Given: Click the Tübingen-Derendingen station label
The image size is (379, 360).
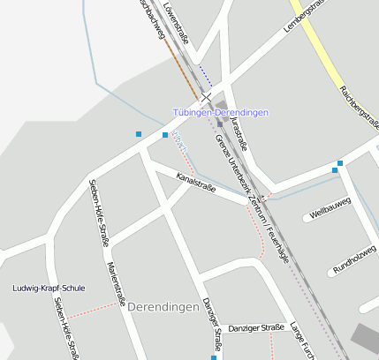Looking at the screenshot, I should (x=220, y=113).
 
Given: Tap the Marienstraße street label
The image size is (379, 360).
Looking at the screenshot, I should (x=116, y=282).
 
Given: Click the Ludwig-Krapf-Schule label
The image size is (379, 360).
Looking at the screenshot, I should (x=49, y=289).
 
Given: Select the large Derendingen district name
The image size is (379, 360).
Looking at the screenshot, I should (x=163, y=307).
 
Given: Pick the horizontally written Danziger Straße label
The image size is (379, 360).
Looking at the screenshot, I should (x=256, y=327).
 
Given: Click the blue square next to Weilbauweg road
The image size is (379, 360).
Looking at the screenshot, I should (x=338, y=165).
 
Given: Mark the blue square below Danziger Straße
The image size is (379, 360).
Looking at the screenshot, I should (x=213, y=357).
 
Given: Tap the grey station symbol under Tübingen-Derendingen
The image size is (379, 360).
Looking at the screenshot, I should (x=219, y=124).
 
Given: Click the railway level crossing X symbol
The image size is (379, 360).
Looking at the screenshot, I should (x=207, y=97).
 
